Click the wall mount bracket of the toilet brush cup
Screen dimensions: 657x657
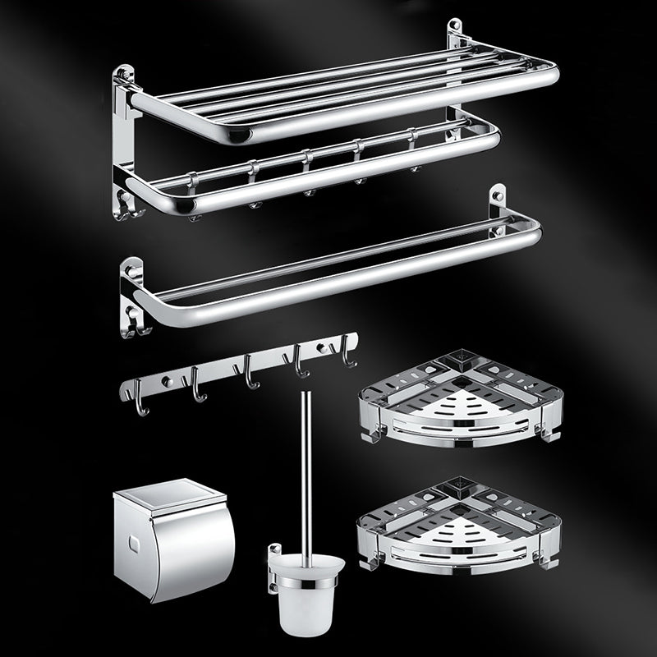273,575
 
